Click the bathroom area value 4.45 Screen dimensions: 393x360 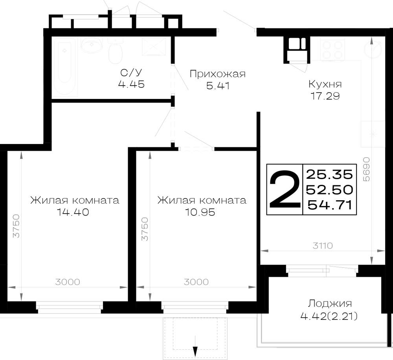click(131, 84)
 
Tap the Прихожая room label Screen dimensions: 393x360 click(218, 74)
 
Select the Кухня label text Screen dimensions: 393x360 click(325, 84)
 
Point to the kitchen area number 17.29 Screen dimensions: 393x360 click(325, 96)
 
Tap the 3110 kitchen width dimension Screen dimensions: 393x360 click(323, 246)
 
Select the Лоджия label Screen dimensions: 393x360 click(330, 303)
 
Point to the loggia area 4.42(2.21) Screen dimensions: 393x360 click(329, 317)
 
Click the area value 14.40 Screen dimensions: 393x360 click(73, 212)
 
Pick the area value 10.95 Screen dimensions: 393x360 click(200, 212)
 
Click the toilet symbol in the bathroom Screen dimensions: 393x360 click(115, 51)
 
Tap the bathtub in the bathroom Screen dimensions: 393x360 click(65, 66)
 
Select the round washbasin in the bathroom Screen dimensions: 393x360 click(92, 46)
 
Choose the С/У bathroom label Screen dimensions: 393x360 click(131, 73)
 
